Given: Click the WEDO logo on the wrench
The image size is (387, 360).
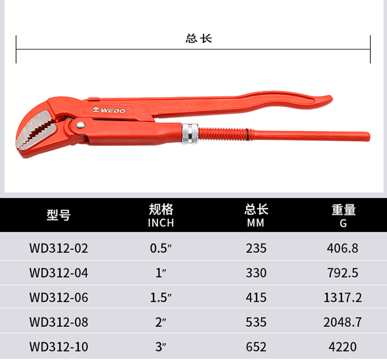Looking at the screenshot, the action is point(109,110).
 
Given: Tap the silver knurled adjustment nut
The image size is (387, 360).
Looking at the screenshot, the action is point(190,134).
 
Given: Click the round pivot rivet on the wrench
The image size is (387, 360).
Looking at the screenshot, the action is point(80,125).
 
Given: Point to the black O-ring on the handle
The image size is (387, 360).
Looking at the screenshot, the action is point(247,135).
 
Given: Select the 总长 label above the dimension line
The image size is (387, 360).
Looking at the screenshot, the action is point(199,39).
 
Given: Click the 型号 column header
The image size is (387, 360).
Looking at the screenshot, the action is point(59,215).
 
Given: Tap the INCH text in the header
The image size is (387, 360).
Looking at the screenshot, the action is point(161,223).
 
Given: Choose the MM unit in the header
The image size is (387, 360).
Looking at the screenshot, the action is point(256,223).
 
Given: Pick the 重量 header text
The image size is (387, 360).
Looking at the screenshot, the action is point(343,210).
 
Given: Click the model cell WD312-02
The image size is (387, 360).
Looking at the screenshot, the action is point(59,248).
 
